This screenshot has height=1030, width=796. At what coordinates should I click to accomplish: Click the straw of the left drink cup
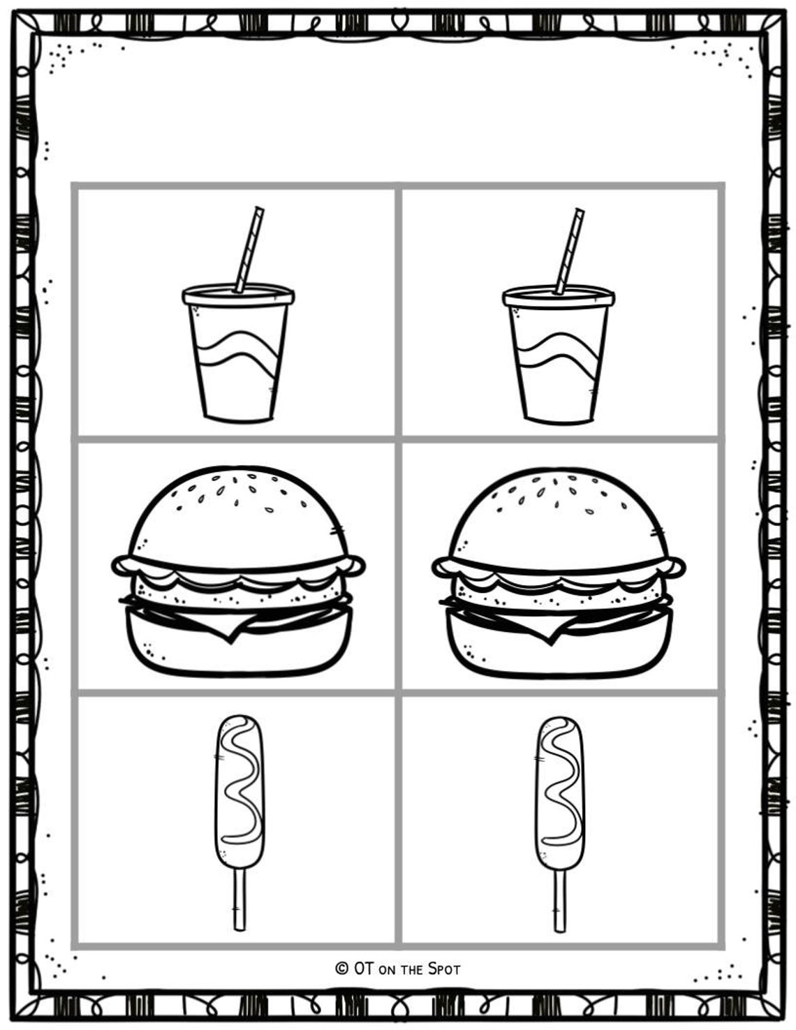249,248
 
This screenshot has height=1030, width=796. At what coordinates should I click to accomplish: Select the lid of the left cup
237,295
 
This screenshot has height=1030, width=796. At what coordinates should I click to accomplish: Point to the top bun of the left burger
237,517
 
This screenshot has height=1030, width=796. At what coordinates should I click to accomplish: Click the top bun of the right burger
557,517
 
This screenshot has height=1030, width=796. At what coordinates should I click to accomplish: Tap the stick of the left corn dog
239,901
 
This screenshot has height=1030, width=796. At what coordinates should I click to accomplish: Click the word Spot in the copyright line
444,968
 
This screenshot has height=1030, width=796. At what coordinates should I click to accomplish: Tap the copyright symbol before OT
341,968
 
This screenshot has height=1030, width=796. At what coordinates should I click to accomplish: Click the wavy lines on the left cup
239,353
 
